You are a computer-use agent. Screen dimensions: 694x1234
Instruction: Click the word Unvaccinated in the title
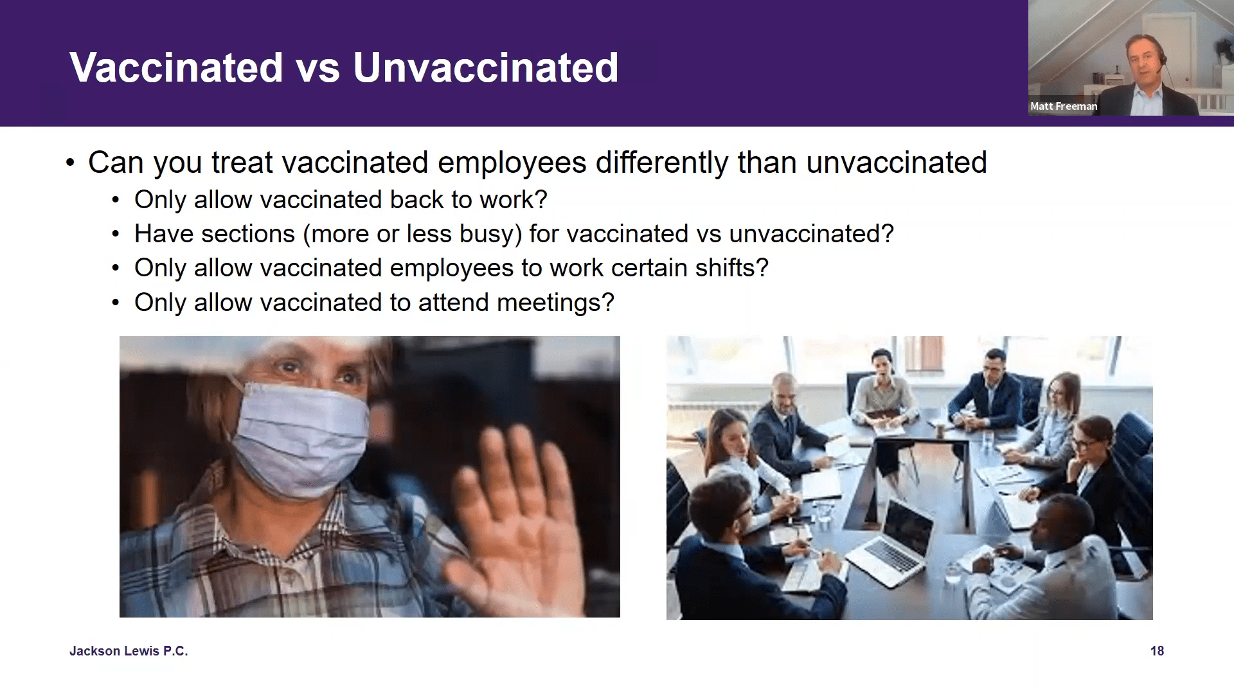485,67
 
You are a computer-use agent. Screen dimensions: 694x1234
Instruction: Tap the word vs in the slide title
317,67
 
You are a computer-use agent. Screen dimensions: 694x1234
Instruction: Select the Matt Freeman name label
1064,107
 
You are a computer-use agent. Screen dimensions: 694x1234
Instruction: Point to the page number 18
1157,651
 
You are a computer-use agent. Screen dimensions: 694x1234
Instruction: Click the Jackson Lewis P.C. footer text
129,651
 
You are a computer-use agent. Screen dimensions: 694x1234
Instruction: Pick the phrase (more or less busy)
412,234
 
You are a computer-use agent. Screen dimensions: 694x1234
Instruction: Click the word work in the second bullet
506,200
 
